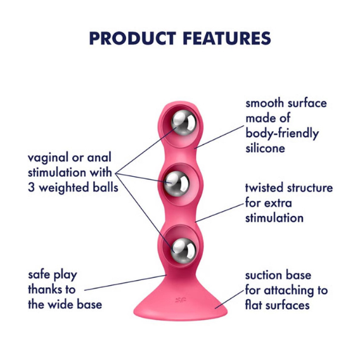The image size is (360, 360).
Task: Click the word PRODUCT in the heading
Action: pos(132,38)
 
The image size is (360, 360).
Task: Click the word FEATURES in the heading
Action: pos(227,38)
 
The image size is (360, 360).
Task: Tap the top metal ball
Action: pos(184,122)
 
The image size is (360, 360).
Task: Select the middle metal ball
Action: pos(176,184)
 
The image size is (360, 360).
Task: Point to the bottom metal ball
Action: pos(183,250)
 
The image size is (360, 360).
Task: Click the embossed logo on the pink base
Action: pos(181,300)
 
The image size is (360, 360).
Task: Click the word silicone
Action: pos(265,148)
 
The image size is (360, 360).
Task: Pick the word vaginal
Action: pos(48,158)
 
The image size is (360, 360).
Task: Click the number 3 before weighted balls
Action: pos(32,188)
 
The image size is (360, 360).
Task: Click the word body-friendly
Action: pos(282,134)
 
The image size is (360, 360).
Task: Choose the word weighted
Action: pos(64,188)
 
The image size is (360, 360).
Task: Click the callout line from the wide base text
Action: pos(125,283)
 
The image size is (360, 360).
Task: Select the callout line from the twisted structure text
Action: pos(220,212)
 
